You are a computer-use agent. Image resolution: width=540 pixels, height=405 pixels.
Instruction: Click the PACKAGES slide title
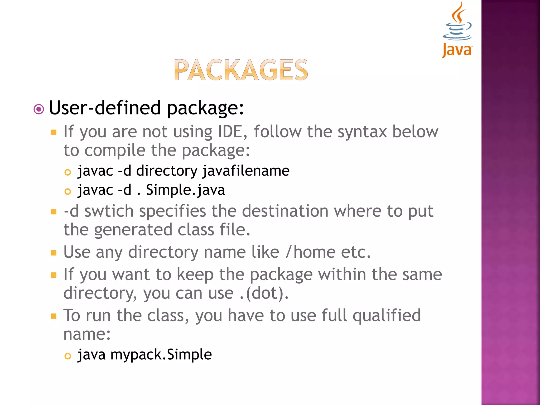pos(241,70)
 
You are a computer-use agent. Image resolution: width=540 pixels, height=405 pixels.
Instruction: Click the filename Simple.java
pos(185,190)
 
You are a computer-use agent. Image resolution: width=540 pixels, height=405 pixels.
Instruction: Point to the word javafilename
pos(246,171)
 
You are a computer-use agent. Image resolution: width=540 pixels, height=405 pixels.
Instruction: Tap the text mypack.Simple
pos(161,354)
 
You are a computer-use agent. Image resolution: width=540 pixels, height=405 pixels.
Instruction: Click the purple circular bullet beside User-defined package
pos(39,109)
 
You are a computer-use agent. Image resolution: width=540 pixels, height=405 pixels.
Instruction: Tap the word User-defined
pos(105,108)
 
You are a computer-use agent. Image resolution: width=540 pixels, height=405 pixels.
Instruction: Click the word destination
pos(285,211)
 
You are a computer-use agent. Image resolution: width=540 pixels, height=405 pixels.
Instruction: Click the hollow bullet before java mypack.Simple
pos(68,356)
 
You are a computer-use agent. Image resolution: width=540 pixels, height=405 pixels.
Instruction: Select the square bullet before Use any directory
pos(54,253)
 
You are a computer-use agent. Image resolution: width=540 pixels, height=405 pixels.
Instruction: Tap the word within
pos(342,274)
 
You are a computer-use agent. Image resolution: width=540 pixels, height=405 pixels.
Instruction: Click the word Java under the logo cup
pos(457,50)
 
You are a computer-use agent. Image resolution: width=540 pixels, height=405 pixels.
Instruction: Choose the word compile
pos(115,151)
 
